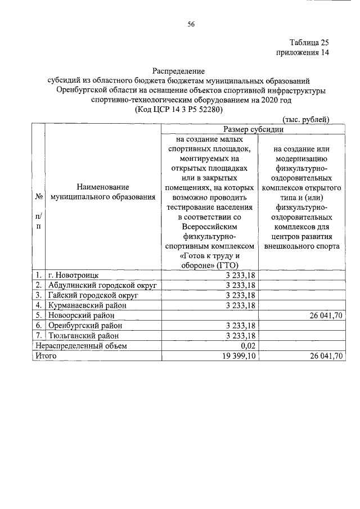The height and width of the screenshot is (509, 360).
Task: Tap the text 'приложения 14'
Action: (x=302, y=53)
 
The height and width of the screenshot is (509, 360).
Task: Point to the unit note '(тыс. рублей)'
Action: (x=305, y=119)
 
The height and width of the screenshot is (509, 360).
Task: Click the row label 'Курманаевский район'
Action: (x=87, y=305)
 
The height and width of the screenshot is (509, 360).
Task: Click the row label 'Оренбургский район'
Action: (x=85, y=326)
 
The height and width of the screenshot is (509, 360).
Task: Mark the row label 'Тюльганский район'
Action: (x=82, y=336)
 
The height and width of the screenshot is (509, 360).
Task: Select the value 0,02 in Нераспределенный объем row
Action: (x=248, y=346)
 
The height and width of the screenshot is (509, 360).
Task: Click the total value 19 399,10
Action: (x=240, y=356)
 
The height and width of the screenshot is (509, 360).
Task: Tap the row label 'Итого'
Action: (x=44, y=356)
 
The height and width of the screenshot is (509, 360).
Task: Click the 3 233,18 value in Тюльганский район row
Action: (x=241, y=336)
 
